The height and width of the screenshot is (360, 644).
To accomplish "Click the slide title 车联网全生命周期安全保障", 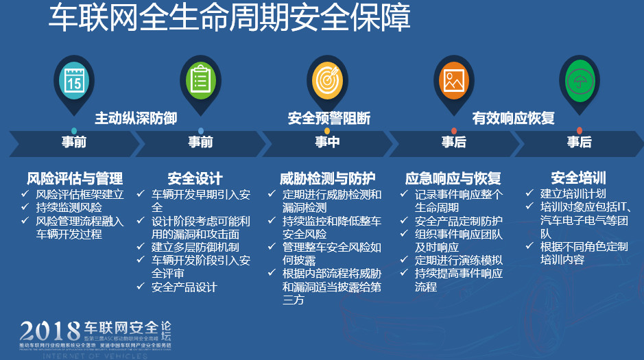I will [x=229, y=19].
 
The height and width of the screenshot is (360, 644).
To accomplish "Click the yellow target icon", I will [x=327, y=80].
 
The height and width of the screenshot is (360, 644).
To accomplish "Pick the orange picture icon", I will [x=453, y=80].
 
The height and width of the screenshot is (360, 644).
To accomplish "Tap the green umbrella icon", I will [x=579, y=80].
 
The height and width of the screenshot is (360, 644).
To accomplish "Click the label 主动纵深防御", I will [x=136, y=118].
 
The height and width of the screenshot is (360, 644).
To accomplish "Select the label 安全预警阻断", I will [x=329, y=118].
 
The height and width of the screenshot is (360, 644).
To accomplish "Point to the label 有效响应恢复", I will [x=514, y=118].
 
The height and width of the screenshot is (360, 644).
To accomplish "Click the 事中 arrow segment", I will [x=327, y=143].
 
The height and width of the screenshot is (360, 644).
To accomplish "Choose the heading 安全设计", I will [x=195, y=179].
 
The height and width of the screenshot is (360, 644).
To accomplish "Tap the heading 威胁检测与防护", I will [x=327, y=179].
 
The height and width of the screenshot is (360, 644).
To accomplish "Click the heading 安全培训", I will [x=578, y=178].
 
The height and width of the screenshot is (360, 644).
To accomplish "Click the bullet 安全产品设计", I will [x=184, y=287].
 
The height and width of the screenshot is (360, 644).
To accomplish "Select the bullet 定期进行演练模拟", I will [x=459, y=260].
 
